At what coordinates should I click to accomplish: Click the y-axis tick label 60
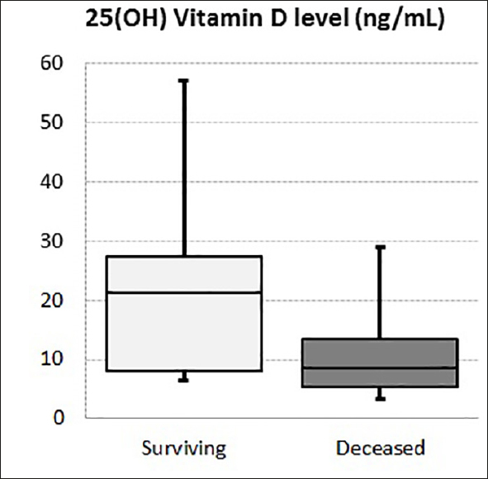(51, 64)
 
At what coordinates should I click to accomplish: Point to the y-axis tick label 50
(51, 123)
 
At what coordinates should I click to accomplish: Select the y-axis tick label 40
(51, 182)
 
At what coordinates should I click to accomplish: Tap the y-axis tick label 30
(51, 241)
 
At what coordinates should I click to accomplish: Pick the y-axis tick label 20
(51, 301)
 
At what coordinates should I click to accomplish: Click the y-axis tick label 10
(51, 360)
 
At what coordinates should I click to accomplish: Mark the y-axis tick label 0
(56, 419)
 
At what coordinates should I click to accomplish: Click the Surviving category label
(183, 448)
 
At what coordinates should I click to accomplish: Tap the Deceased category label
(381, 448)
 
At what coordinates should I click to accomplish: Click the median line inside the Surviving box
(183, 292)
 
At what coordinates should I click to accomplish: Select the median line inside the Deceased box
(381, 368)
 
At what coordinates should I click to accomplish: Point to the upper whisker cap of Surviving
(183, 80)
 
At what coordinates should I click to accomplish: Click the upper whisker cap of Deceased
(381, 246)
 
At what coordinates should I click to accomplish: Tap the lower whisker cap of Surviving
(183, 381)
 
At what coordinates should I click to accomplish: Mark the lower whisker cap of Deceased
(381, 400)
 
